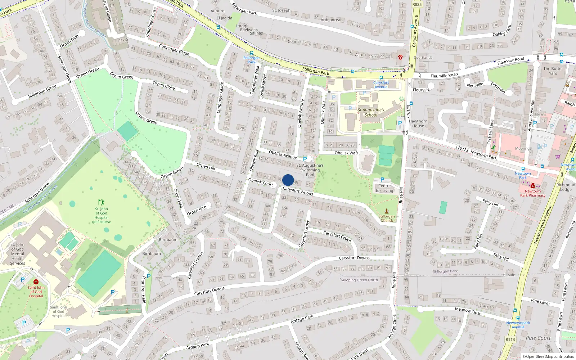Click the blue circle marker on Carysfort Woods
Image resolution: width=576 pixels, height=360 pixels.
click(288, 180)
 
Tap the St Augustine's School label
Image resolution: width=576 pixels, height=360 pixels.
click(371, 112)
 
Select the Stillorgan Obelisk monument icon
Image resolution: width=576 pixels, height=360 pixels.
click(387, 211)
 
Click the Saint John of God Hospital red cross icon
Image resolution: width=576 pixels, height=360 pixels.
click(36, 282)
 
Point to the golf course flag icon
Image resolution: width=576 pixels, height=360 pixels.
click(101, 202)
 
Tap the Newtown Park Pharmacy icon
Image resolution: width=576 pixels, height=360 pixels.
click(533, 186)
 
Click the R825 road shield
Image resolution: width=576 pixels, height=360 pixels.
click(417, 4)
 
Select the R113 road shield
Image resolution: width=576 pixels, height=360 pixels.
click(510, 339)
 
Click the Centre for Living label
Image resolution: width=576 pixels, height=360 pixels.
click(384, 188)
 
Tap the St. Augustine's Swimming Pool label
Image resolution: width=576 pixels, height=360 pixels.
click(310, 170)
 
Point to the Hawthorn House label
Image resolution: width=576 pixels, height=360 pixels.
click(418, 123)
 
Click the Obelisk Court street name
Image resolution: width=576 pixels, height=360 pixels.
click(261, 182)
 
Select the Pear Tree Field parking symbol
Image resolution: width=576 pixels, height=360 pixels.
click(149, 276)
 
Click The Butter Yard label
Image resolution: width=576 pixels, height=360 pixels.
click(553, 71)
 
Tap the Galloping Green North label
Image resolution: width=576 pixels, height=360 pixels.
click(359, 280)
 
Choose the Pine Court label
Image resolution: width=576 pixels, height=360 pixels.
click(538, 338)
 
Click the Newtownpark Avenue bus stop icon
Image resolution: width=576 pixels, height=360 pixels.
click(515, 310)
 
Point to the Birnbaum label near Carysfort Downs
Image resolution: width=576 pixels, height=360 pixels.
click(151, 253)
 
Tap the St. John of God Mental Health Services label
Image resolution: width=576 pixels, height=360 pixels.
click(17, 254)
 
